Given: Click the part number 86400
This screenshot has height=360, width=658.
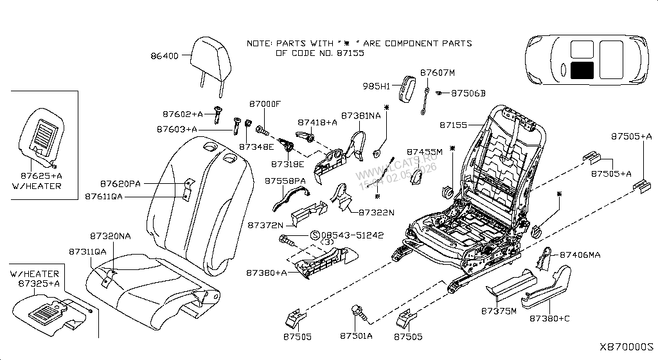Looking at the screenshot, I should (164, 57).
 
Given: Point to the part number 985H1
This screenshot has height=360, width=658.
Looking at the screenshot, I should (377, 86).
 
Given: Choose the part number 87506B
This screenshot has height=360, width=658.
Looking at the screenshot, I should (468, 93).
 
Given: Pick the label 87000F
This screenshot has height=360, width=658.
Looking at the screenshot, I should (265, 104).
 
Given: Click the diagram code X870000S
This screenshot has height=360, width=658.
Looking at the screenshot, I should (626, 346).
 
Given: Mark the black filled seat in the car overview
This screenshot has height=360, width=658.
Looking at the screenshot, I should (582, 70).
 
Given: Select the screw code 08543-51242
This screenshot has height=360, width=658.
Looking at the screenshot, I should (353, 235).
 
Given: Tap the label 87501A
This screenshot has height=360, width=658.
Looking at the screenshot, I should (357, 336).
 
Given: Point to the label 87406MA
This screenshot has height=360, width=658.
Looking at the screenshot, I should (580, 255).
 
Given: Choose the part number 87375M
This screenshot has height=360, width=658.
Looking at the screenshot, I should (499, 311).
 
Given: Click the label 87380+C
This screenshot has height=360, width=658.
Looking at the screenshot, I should (550, 318).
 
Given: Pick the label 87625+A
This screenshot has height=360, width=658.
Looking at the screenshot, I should (40, 175).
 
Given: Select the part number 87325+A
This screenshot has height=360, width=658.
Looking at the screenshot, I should (39, 283).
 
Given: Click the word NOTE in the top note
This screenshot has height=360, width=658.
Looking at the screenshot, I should (260, 44).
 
